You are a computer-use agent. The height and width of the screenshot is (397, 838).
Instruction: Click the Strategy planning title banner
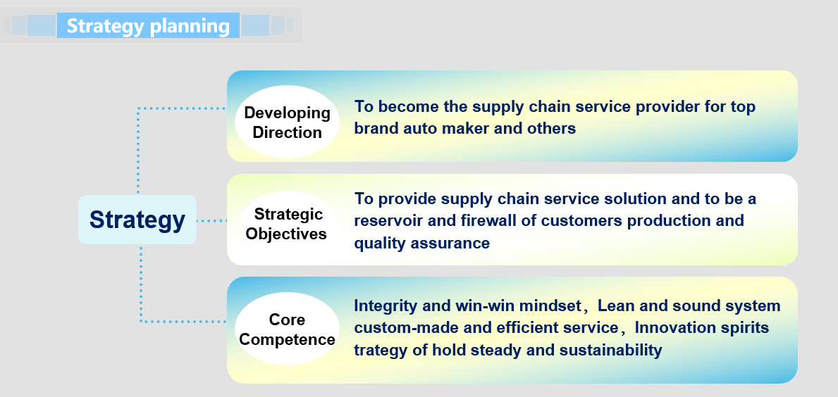tap(148, 25)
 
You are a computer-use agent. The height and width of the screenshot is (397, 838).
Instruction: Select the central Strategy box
tap(137, 220)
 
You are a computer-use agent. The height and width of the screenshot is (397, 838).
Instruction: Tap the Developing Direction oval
tap(287, 122)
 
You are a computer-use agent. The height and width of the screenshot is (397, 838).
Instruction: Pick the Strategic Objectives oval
tap(287, 224)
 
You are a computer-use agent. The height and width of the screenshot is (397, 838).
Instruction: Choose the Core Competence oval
tap(287, 329)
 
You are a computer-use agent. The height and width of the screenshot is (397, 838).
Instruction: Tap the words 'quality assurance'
tap(421, 244)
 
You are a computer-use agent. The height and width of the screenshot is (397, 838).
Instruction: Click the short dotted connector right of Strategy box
tap(211, 220)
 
